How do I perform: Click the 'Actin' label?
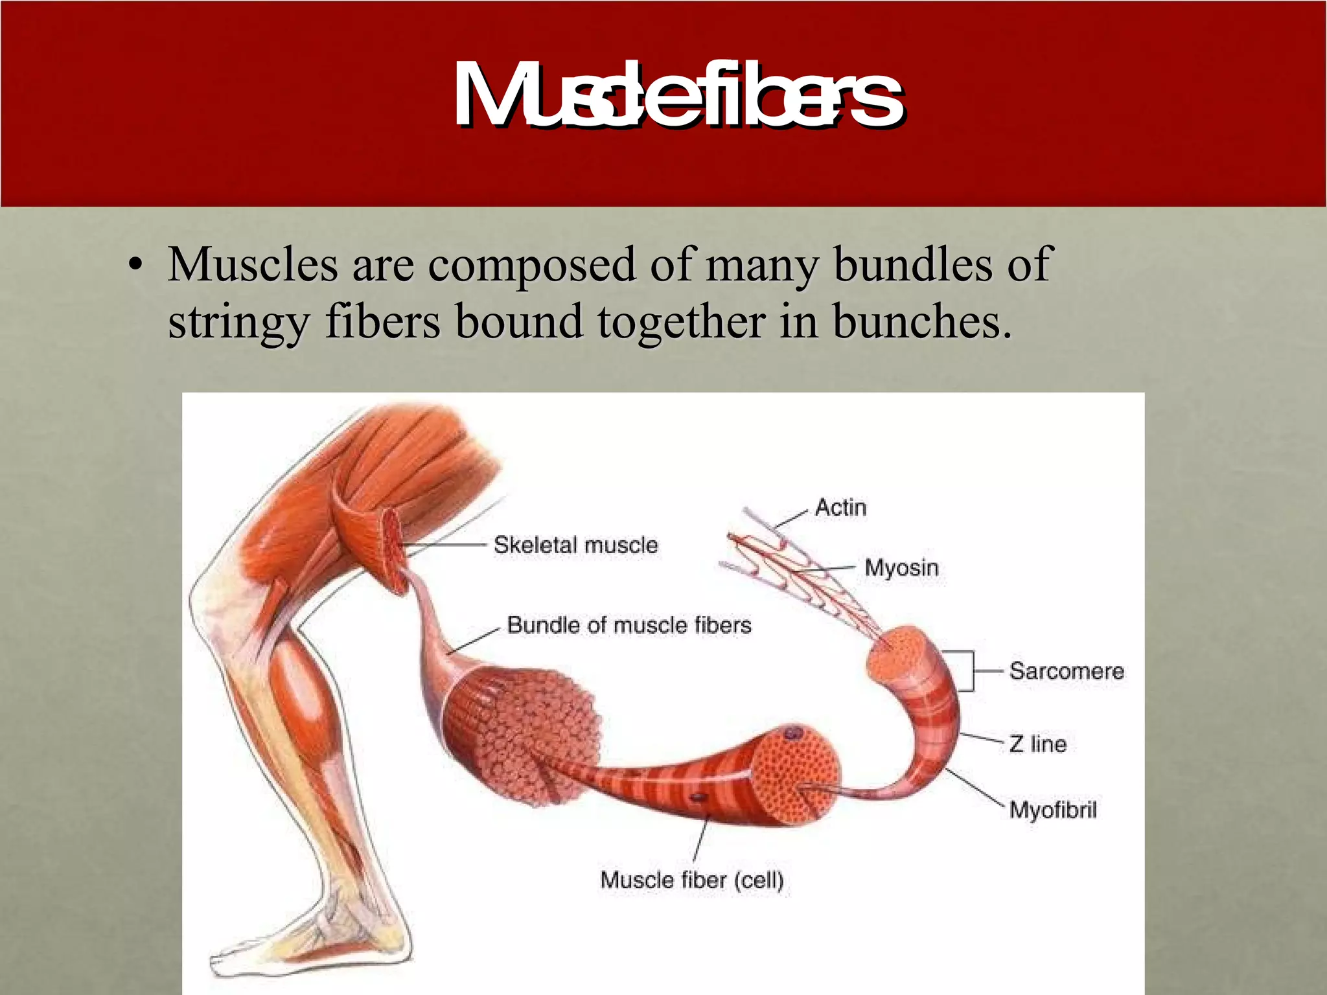click(x=840, y=507)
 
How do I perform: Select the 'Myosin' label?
click(x=901, y=568)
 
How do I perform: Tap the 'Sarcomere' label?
click(x=1067, y=671)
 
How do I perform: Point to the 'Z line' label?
click(x=1038, y=744)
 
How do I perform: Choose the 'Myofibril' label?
click(x=1053, y=810)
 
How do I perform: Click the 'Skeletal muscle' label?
click(x=575, y=545)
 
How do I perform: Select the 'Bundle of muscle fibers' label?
click(x=629, y=625)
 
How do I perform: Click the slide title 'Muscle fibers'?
click(x=677, y=96)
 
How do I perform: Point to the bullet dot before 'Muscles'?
click(x=135, y=267)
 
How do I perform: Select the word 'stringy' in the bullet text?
click(x=238, y=323)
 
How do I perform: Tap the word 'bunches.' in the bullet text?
click(x=921, y=321)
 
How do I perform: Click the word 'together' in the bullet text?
click(x=680, y=323)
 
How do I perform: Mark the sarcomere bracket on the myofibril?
click(x=967, y=671)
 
